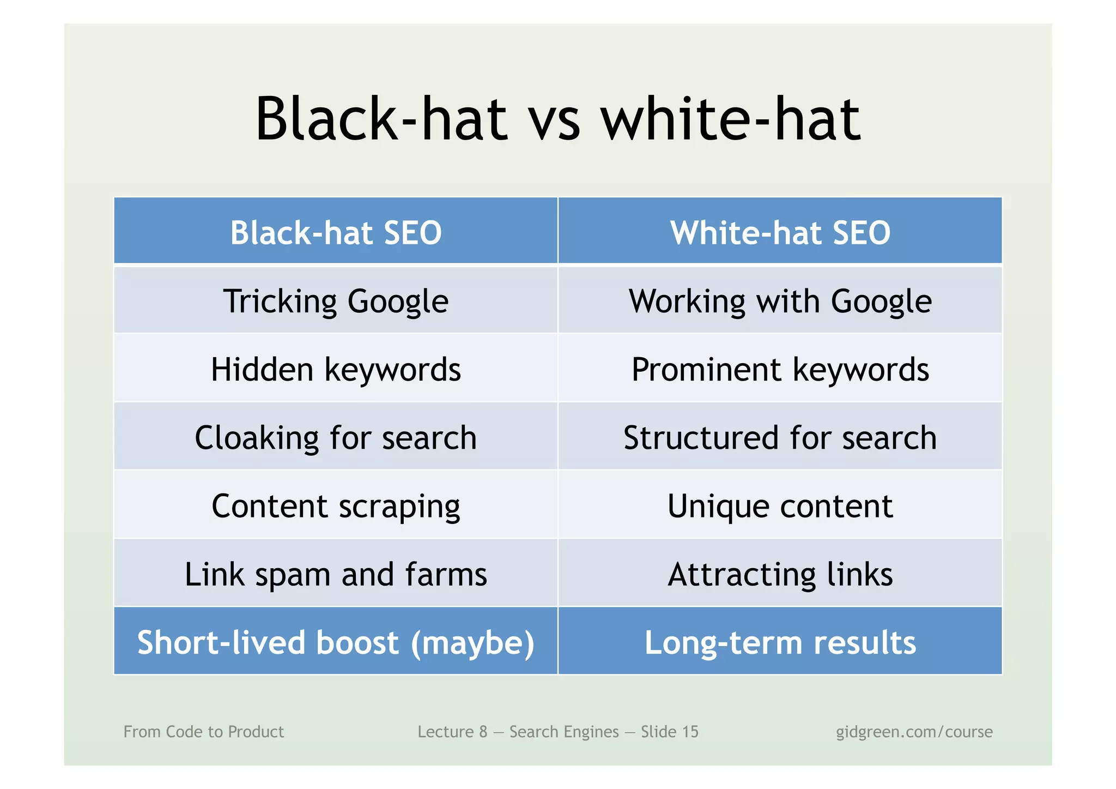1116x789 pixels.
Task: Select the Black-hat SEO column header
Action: [336, 233]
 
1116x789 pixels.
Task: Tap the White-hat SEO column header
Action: [780, 233]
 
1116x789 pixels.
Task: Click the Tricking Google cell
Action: [336, 301]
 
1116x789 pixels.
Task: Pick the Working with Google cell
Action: [780, 301]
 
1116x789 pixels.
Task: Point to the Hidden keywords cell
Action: [336, 369]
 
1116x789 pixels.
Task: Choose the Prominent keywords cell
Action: [780, 369]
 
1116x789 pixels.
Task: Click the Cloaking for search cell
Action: [336, 437]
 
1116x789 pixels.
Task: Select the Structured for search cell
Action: [780, 437]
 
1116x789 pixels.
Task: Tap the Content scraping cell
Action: [336, 505]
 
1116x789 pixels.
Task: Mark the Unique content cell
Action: [780, 505]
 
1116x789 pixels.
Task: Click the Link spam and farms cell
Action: [336, 574]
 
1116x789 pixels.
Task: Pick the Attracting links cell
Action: [780, 574]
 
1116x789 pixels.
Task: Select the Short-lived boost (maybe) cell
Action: [336, 642]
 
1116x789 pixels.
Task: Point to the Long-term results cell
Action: [780, 642]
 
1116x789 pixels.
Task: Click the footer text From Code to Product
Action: [203, 732]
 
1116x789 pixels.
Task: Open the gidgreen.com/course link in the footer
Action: [914, 732]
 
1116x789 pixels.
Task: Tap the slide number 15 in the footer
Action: [689, 732]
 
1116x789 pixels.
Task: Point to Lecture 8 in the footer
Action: [452, 732]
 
